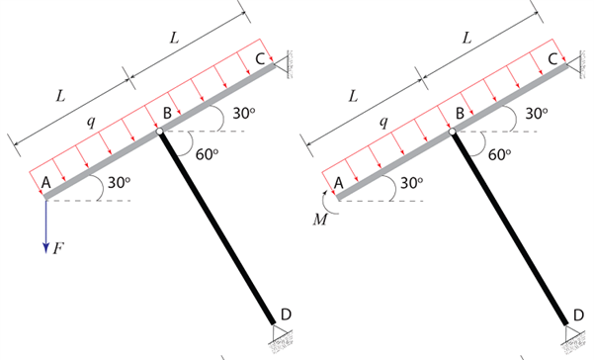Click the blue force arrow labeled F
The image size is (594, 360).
[45, 225]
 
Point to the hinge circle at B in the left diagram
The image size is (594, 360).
[158, 131]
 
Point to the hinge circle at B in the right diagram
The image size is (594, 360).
[452, 131]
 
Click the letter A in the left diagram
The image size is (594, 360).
[45, 182]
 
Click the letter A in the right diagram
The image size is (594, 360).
[338, 182]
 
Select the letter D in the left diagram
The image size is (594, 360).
[286, 315]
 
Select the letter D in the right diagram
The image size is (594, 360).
[578, 315]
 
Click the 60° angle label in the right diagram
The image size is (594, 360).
[500, 153]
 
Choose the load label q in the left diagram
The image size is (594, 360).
[91, 123]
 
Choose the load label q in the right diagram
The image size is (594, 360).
[383, 123]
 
